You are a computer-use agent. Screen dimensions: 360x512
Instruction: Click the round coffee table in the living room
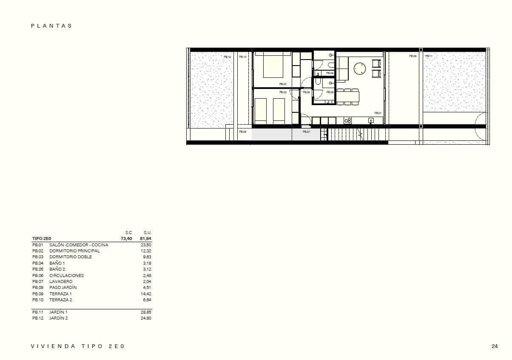pos(360,69)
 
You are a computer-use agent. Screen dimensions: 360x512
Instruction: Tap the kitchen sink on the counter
pos(371,121)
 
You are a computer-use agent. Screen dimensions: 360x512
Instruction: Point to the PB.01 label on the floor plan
pos(378,113)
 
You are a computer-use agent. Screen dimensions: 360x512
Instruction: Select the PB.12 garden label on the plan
pos(227,57)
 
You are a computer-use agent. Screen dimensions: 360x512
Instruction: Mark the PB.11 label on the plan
pos(429,56)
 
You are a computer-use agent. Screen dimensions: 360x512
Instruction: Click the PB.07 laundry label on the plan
pos(306,132)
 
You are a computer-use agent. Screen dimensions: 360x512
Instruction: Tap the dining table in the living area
pos(348,97)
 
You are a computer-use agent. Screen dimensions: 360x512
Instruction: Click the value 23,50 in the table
pos(146,245)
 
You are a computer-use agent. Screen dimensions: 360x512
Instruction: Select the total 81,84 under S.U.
pos(145,239)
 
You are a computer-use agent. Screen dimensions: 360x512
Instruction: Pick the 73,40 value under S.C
pos(126,239)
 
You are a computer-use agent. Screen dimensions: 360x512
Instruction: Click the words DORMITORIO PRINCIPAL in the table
pos(74,251)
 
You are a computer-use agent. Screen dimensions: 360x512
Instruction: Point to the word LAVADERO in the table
pos(61,282)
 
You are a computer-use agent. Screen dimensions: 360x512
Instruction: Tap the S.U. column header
pos(148,232)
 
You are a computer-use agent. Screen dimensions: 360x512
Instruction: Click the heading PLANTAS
pos(51,26)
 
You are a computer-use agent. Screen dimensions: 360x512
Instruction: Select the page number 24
pos(495,346)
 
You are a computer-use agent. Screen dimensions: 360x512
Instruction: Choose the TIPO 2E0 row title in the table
pos(42,239)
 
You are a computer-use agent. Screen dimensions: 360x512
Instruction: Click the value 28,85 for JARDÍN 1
pos(146,312)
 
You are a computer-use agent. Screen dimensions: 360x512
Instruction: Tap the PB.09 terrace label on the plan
pos(412,56)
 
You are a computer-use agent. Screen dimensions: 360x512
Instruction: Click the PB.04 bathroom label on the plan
pos(330,73)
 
